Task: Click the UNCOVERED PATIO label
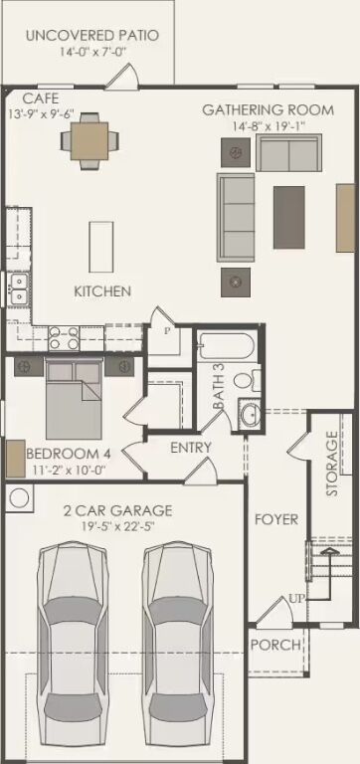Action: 92,36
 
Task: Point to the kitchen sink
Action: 18,289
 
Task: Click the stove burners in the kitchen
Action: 65,338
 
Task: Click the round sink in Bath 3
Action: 251,416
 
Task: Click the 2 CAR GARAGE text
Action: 117,511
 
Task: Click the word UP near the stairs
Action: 297,600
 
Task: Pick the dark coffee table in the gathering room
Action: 289,217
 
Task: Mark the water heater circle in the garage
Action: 19,497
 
